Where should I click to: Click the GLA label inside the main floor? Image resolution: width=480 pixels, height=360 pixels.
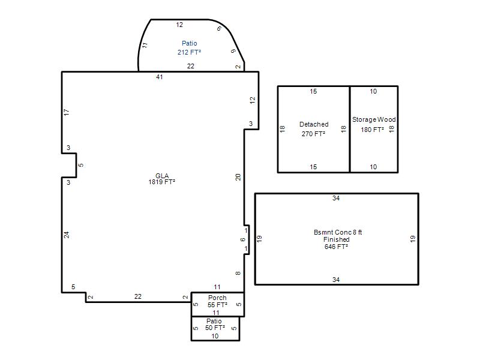point(162,176)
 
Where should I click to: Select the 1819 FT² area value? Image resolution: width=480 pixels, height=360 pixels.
point(161,182)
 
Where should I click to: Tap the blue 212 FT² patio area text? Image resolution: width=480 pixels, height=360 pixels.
point(189,52)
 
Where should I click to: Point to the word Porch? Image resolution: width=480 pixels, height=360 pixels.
point(217,298)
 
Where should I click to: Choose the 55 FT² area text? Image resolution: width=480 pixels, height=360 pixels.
point(217,305)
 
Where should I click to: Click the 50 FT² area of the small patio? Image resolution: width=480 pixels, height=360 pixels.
point(215,328)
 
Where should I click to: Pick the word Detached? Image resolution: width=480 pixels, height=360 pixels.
point(314,124)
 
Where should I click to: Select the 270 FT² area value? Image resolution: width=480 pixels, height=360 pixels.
point(313,134)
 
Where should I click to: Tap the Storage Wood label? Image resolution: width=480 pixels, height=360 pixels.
point(374,119)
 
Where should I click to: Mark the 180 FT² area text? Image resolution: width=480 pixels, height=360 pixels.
point(372,130)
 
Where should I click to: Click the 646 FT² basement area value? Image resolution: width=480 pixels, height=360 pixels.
point(336,247)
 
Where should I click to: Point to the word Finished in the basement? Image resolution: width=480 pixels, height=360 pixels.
point(337,239)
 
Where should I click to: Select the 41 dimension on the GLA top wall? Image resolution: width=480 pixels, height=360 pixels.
point(159,77)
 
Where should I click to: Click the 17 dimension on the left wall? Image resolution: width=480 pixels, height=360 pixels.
point(67,112)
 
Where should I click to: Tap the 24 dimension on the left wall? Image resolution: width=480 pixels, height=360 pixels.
point(67,235)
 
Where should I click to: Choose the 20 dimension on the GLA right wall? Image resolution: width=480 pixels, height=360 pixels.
point(238,177)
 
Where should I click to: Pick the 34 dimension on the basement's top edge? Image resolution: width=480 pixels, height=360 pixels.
point(336,198)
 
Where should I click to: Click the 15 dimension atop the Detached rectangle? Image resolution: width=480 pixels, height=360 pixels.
point(313,91)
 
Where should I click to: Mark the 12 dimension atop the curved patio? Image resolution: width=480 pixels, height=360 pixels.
point(179,25)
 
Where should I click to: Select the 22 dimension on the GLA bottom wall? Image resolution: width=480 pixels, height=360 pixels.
point(138,296)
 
